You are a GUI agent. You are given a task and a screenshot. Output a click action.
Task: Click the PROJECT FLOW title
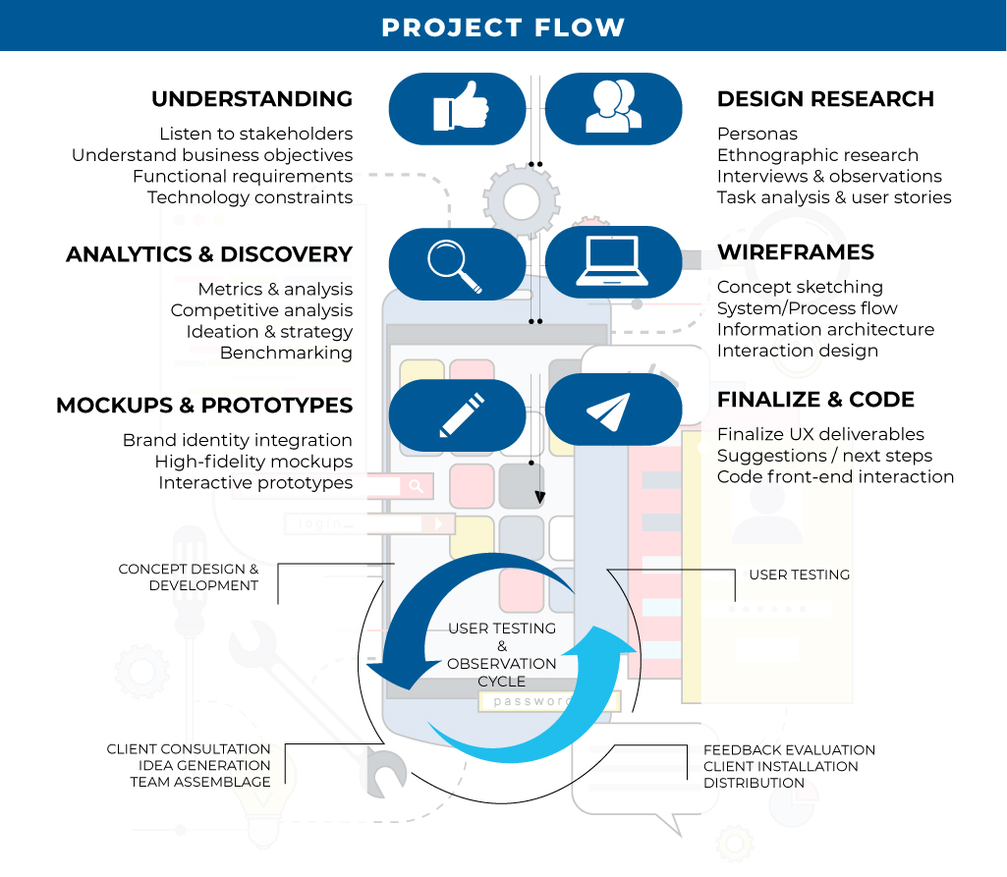tap(503, 27)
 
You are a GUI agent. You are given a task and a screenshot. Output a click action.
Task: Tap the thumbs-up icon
tap(461, 107)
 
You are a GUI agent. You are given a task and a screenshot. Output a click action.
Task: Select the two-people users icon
tap(613, 107)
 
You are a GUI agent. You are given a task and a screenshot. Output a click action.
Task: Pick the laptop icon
tap(612, 260)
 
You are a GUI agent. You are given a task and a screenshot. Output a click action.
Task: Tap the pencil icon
tap(462, 414)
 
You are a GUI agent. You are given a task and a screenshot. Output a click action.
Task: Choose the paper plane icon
tap(608, 411)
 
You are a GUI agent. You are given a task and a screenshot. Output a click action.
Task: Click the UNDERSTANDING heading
tap(252, 99)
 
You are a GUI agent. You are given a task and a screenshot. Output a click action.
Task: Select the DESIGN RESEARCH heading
tap(825, 99)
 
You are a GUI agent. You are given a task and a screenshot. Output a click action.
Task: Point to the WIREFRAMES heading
tap(796, 251)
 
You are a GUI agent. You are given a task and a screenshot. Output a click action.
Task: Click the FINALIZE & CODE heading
tap(815, 400)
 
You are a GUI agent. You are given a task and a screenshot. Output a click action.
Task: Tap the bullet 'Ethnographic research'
tap(817, 155)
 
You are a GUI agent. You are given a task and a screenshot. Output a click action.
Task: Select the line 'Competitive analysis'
tap(261, 310)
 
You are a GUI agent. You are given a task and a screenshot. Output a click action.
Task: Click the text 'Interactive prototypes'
tap(255, 483)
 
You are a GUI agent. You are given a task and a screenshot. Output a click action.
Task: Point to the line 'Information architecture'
tap(825, 329)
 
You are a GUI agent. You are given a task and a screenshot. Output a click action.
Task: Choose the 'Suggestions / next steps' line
tap(824, 456)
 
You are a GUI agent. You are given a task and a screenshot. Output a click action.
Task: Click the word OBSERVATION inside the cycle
tap(502, 664)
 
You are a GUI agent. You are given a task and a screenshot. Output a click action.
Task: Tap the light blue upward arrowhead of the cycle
tap(602, 642)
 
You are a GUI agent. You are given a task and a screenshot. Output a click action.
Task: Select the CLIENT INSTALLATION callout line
tap(780, 767)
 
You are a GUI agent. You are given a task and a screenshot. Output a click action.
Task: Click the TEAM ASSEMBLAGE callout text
tap(199, 782)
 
